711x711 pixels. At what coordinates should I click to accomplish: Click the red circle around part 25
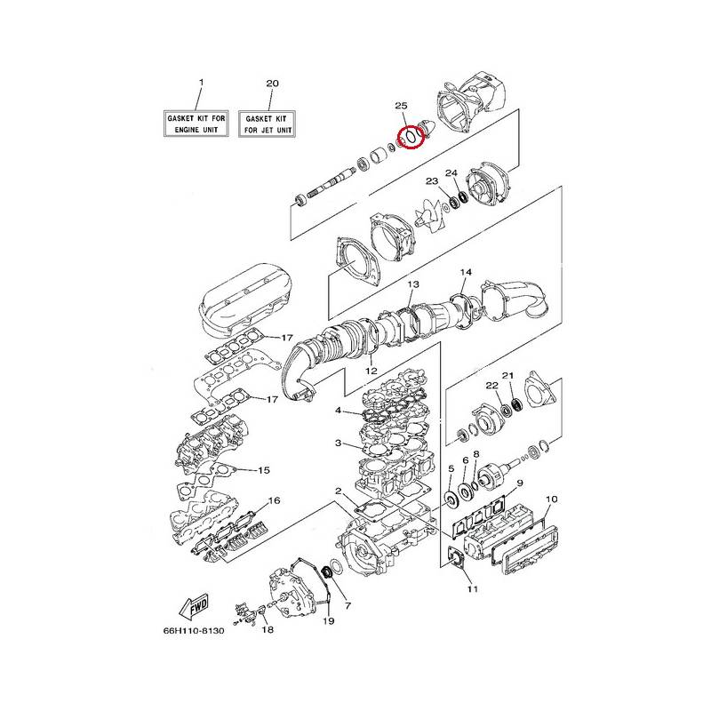(398, 138)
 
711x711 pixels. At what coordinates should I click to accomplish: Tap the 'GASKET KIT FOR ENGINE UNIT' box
(196, 124)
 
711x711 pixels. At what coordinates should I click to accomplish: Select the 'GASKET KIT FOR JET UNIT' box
(267, 124)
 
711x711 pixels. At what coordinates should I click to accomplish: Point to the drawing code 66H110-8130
(194, 630)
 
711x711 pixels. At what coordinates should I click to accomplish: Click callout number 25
(401, 106)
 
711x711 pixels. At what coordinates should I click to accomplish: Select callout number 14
(466, 272)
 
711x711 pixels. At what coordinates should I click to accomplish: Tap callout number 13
(413, 284)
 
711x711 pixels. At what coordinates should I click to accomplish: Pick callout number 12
(371, 371)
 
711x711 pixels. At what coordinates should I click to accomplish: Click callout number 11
(473, 589)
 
